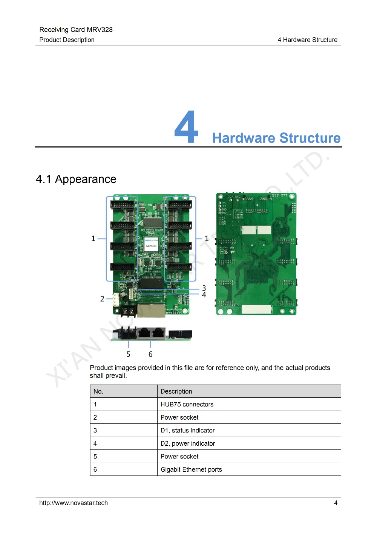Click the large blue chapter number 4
click(x=186, y=127)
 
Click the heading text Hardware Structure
click(x=276, y=138)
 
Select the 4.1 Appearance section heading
click(x=76, y=179)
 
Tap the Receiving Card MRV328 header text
click(x=76, y=30)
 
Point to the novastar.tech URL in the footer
click(x=74, y=503)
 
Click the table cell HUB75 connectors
click(x=187, y=404)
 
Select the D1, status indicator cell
click(x=187, y=430)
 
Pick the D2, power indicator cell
click(x=188, y=443)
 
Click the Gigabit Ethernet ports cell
click(x=191, y=469)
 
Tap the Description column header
click(x=176, y=391)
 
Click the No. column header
click(x=98, y=391)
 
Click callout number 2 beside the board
click(x=102, y=299)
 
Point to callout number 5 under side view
click(x=128, y=354)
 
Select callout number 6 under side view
click(x=150, y=354)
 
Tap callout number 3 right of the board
click(x=204, y=288)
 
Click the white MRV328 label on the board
click(x=151, y=245)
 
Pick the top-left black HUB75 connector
click(x=122, y=205)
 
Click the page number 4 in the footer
click(x=336, y=503)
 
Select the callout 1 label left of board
click(x=93, y=239)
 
